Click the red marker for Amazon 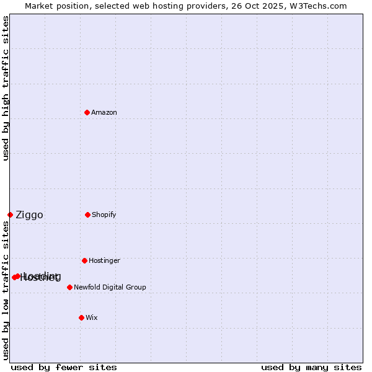pyautogui.click(x=87, y=112)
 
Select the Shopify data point pyautogui.click(x=87, y=215)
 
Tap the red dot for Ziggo pyautogui.click(x=10, y=215)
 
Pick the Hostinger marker pyautogui.click(x=84, y=260)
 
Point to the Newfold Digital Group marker pyautogui.click(x=69, y=287)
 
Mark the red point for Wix pyautogui.click(x=81, y=317)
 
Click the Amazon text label pyautogui.click(x=104, y=112)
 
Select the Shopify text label pyautogui.click(x=104, y=215)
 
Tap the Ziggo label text pyautogui.click(x=29, y=215)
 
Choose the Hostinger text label pyautogui.click(x=104, y=260)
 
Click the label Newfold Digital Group pyautogui.click(x=110, y=287)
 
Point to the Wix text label pyautogui.click(x=92, y=317)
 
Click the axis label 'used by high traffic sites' pyautogui.click(x=6, y=88)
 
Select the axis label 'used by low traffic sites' pyautogui.click(x=6, y=290)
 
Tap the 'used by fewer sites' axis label pyautogui.click(x=64, y=367)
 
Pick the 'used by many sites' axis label pyautogui.click(x=311, y=367)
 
